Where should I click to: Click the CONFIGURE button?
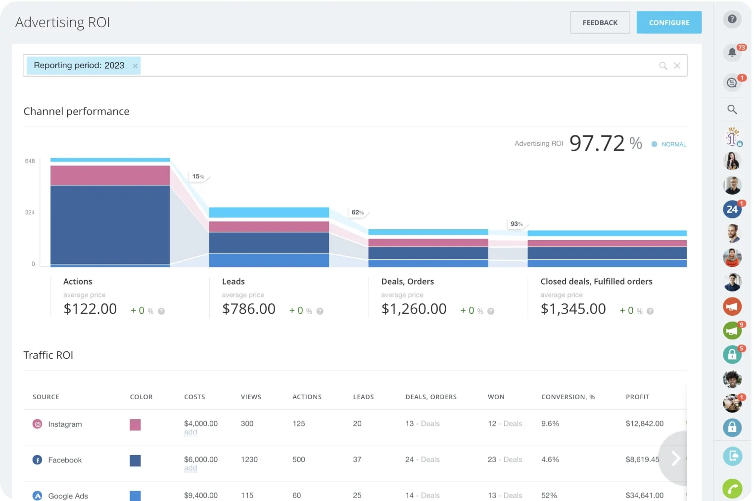click(668, 23)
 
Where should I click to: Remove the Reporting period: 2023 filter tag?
click(135, 66)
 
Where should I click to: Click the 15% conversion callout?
click(198, 176)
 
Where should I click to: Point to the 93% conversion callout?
click(517, 224)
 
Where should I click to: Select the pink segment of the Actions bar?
click(110, 175)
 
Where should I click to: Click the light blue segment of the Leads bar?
click(269, 212)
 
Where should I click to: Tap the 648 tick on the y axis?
click(30, 161)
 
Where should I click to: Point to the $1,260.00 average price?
click(414, 309)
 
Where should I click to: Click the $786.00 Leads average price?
click(248, 309)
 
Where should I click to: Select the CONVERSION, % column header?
click(567, 397)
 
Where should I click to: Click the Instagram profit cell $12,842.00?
click(644, 423)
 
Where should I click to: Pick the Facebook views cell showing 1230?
click(249, 459)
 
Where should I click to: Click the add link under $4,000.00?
click(190, 432)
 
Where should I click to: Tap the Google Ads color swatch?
click(135, 496)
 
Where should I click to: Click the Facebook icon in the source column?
click(37, 460)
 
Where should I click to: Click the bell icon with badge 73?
click(732, 52)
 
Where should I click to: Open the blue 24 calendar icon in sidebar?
click(732, 209)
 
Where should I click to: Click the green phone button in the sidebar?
click(732, 489)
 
